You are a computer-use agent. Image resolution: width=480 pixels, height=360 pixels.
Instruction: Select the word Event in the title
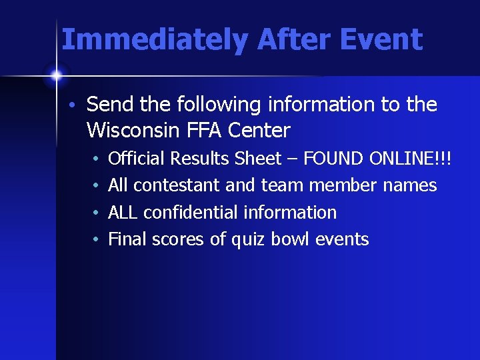[x=381, y=40]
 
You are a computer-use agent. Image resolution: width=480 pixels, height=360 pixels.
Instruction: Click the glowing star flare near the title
[x=56, y=75]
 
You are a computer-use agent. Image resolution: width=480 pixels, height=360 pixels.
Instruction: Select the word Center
[x=259, y=130]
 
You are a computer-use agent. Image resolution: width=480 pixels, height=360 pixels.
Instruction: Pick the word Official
[x=137, y=159]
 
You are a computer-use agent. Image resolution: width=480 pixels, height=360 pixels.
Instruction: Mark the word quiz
[x=248, y=240]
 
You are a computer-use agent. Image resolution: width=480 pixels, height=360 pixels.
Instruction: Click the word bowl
[x=290, y=239]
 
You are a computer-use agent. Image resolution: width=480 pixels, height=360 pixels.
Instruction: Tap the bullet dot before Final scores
[x=97, y=240]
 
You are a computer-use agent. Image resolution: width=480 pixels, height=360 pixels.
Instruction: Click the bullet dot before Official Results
[x=97, y=159]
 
